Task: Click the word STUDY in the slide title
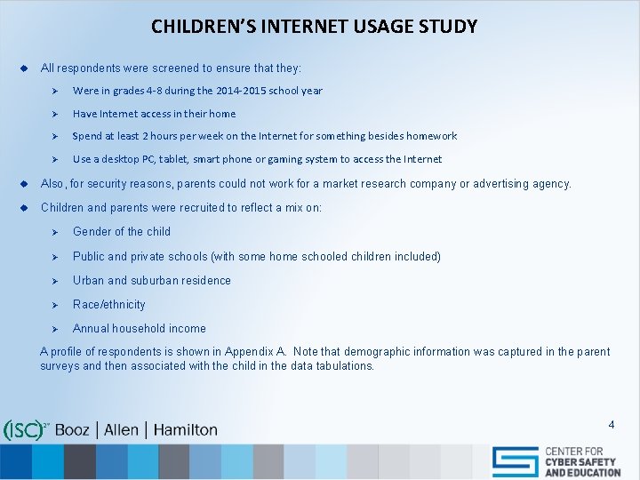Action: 448,26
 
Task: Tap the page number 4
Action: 611,424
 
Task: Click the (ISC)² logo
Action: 26,430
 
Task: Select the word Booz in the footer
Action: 72,430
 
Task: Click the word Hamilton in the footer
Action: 185,430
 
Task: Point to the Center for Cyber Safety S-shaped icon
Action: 516,461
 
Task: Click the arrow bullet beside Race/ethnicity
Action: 54,305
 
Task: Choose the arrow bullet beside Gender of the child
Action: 54,232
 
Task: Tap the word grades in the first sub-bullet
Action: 128,91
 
